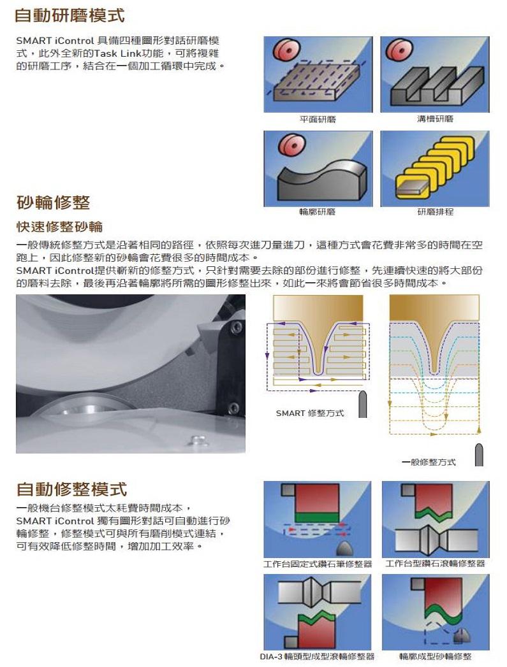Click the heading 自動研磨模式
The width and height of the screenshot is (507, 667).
tap(70, 16)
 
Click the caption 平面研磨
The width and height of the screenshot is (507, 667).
tap(318, 119)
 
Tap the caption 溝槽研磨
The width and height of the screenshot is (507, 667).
tap(435, 118)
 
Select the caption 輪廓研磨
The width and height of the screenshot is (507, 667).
tap(317, 212)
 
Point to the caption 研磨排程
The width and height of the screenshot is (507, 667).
tap(435, 212)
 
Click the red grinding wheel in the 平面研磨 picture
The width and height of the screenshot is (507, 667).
tap(286, 50)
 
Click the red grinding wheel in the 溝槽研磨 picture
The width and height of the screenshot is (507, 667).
tap(397, 50)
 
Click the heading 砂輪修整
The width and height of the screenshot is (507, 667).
tap(53, 202)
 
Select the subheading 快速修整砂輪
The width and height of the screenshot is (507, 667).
tap(59, 226)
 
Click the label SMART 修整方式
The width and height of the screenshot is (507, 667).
tap(309, 413)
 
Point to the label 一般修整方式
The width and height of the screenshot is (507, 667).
tap(429, 462)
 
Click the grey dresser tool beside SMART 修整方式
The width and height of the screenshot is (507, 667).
tap(363, 404)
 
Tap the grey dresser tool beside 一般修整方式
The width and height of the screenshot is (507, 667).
tap(479, 455)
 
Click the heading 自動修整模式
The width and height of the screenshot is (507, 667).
tap(71, 489)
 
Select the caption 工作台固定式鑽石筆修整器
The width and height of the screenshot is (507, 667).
tap(318, 564)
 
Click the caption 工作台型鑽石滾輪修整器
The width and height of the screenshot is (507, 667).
tap(435, 564)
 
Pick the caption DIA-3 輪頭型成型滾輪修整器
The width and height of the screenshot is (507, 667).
tap(317, 657)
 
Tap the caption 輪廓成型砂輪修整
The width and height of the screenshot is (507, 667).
tap(435, 657)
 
